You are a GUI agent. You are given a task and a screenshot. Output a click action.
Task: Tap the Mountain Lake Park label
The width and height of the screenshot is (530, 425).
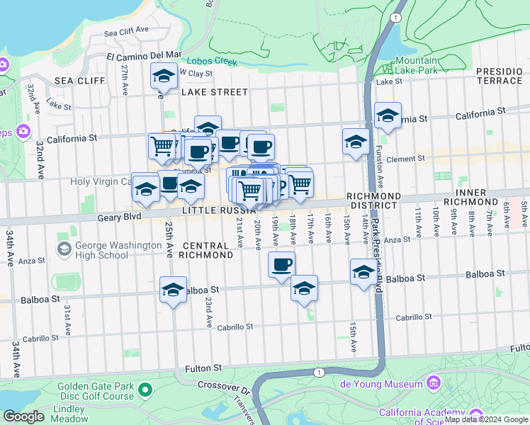[416, 65]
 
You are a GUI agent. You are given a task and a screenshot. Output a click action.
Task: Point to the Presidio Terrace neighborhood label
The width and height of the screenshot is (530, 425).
[499, 76]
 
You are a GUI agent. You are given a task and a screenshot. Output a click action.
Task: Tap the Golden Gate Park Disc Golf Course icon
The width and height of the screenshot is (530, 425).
[146, 390]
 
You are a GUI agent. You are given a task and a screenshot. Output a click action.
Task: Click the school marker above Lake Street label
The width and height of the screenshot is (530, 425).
[164, 76]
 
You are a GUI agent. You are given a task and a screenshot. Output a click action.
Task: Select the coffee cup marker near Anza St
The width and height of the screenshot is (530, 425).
[281, 265]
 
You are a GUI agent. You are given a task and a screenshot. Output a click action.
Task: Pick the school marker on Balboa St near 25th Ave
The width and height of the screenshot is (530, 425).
[173, 290]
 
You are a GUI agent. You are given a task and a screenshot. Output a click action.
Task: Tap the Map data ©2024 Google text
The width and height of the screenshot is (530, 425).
[485, 419]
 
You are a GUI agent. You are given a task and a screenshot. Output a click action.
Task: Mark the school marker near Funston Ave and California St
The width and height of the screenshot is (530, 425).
[388, 116]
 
